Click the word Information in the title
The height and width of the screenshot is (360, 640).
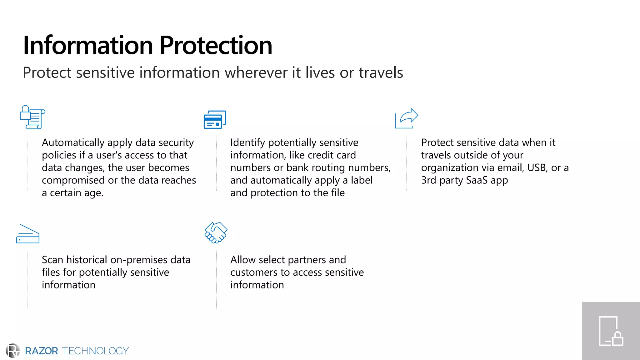[88, 46]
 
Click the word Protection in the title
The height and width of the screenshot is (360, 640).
[216, 46]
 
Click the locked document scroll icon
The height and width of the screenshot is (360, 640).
[32, 117]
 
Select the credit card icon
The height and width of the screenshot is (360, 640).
[215, 119]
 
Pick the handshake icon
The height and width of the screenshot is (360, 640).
[216, 232]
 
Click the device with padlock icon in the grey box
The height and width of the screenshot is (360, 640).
[611, 331]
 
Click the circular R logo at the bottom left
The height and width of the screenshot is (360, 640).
[13, 351]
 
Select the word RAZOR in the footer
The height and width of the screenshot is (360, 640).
[41, 351]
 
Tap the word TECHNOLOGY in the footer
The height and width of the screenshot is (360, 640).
[95, 351]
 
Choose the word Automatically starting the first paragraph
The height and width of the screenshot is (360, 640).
[73, 143]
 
